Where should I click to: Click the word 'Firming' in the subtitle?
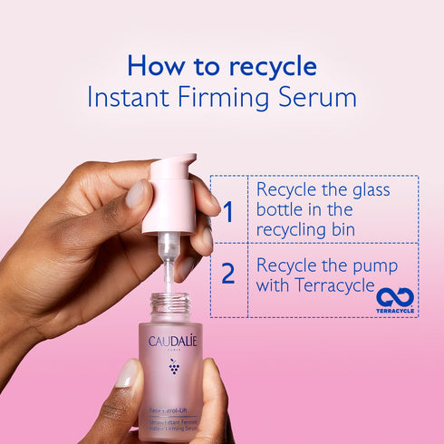click(x=227, y=97)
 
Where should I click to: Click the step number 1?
click(x=228, y=212)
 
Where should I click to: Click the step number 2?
click(x=228, y=274)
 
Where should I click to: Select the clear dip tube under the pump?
click(x=169, y=263)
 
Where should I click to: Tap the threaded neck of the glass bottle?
click(x=169, y=303)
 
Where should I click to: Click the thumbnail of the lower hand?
click(x=126, y=373)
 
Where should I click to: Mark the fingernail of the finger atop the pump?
click(x=137, y=192)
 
